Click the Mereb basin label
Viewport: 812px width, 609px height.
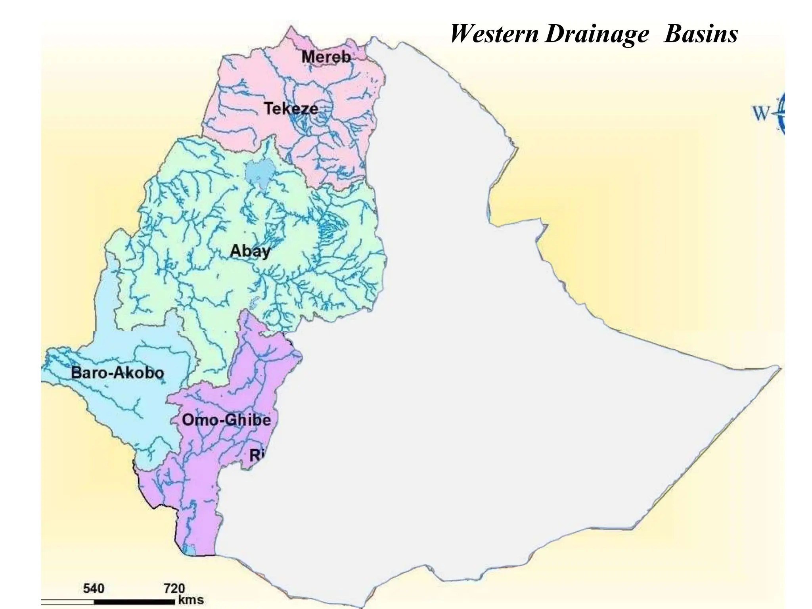tap(326, 57)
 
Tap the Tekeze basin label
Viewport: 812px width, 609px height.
tap(291, 109)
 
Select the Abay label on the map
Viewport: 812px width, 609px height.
tap(250, 251)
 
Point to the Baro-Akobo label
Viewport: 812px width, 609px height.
tap(117, 373)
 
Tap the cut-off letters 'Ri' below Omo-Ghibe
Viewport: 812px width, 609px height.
tap(256, 455)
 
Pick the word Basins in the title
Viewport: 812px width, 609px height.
tap(701, 34)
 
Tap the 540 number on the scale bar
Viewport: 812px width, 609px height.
tap(94, 588)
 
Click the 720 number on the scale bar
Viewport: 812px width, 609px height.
tap(174, 588)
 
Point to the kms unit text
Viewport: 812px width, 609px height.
tap(191, 600)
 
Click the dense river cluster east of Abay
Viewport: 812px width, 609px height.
tap(328, 230)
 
